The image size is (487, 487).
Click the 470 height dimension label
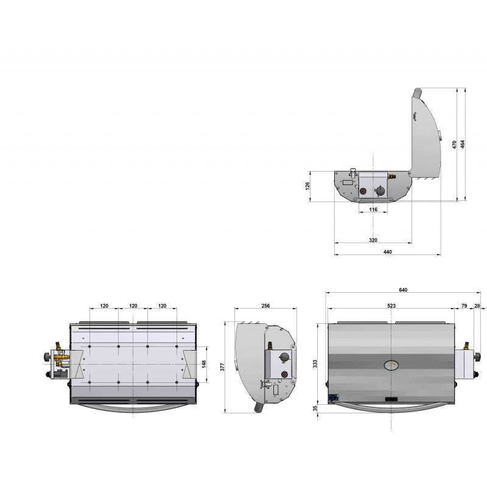click(454, 145)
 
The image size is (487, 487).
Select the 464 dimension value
click(463, 144)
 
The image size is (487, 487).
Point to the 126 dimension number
click(307, 186)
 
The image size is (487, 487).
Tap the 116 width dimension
click(373, 209)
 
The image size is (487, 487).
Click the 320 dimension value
click(373, 240)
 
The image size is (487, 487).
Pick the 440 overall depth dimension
click(387, 252)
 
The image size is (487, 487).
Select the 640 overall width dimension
click(403, 290)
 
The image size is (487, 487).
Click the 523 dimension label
click(390, 305)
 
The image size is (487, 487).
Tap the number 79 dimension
click(464, 305)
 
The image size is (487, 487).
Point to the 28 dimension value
click(477, 305)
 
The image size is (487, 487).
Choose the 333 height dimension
click(315, 364)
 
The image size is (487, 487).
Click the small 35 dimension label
click(315, 409)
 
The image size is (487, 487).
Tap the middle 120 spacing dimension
click(133, 306)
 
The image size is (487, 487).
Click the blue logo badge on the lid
click(333, 398)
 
